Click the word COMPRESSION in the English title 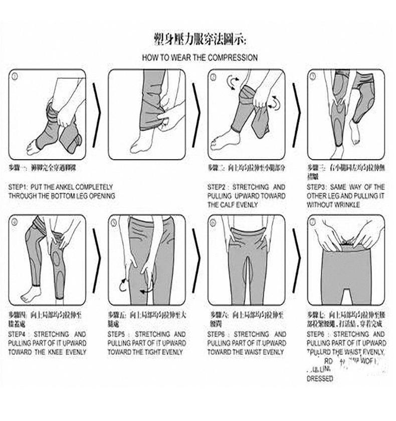click(232, 57)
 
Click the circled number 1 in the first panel click(15, 77)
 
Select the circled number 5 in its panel click(114, 222)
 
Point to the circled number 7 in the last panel click(313, 222)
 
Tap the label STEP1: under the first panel click(19, 187)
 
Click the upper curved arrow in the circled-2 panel click(232, 81)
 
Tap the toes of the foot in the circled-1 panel click(31, 149)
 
